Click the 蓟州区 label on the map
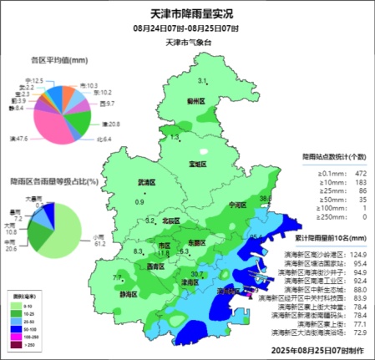197,100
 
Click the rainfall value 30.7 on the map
197,274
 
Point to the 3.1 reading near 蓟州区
201,81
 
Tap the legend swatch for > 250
17,343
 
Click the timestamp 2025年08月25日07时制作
317,350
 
